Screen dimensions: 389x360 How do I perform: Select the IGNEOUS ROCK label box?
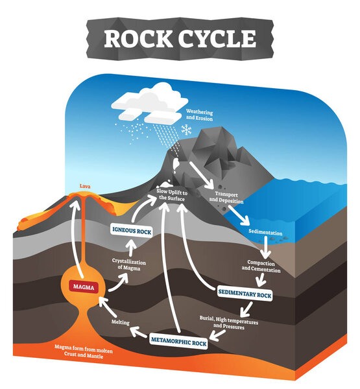pos(132,229)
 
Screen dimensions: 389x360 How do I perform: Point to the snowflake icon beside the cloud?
pos(186,130)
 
